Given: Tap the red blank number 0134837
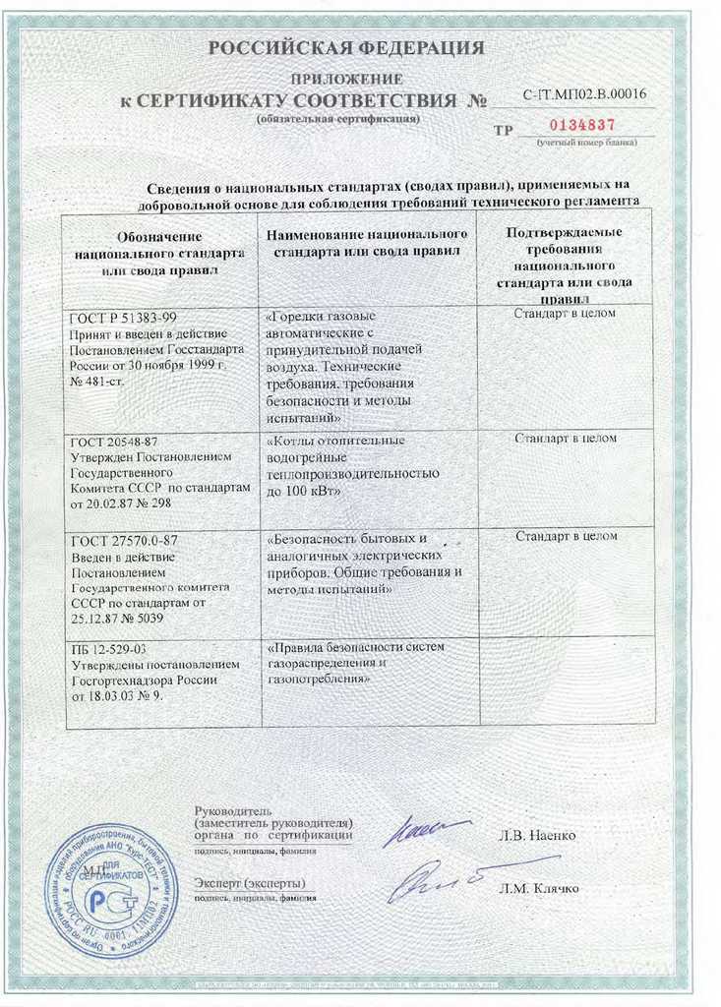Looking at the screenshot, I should click(581, 126).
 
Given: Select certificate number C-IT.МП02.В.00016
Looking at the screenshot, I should click(588, 94).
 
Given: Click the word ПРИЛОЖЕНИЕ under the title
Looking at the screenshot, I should click(347, 78).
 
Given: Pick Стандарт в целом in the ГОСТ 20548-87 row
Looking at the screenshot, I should click(566, 438).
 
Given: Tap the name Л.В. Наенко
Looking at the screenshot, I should click(538, 836).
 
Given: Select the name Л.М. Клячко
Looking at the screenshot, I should click(539, 888).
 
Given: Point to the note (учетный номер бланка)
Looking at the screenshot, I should click(586, 143).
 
